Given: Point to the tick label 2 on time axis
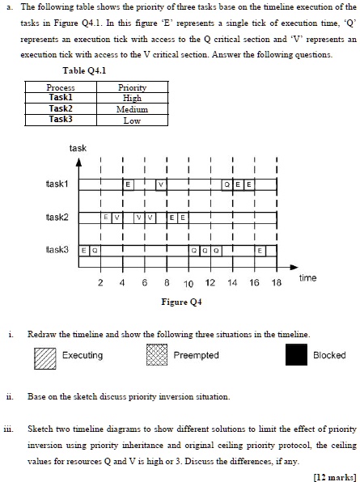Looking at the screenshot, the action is (x=100, y=284).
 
